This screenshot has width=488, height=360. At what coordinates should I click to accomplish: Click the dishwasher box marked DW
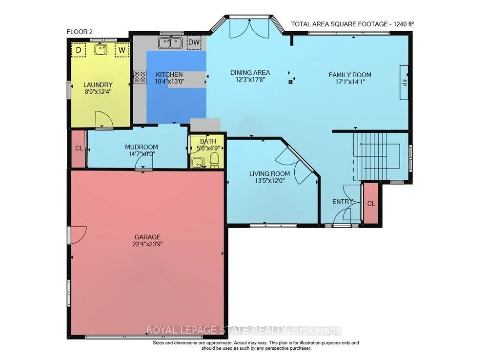click(194, 42)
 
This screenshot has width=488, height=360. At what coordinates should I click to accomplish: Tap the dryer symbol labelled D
click(79, 50)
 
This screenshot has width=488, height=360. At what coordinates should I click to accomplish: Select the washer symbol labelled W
click(122, 50)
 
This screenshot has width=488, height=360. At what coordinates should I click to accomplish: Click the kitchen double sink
click(170, 42)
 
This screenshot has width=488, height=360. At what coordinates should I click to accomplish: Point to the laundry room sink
click(101, 49)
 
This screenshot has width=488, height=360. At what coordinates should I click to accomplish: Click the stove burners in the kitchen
click(140, 77)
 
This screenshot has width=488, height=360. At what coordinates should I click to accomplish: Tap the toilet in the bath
click(214, 160)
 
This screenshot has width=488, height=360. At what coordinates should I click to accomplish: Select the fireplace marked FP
click(404, 83)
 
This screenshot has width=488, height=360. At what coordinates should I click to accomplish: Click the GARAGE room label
click(147, 237)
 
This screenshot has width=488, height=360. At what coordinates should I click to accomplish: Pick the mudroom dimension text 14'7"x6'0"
click(142, 154)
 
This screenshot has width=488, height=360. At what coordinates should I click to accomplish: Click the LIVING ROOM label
click(269, 174)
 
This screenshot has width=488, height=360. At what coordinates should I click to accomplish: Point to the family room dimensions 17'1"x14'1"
click(350, 82)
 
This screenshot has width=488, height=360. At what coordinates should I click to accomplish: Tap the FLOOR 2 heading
click(80, 32)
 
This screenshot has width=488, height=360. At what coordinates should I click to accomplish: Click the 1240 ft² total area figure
click(404, 24)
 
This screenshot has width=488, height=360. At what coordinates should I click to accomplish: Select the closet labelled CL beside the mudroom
click(79, 149)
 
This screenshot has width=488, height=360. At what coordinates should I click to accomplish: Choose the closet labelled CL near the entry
click(371, 203)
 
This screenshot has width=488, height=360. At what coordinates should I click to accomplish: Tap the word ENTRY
click(343, 202)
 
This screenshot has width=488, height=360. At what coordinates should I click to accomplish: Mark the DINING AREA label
click(250, 73)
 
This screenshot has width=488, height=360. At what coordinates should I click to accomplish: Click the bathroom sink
click(197, 163)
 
